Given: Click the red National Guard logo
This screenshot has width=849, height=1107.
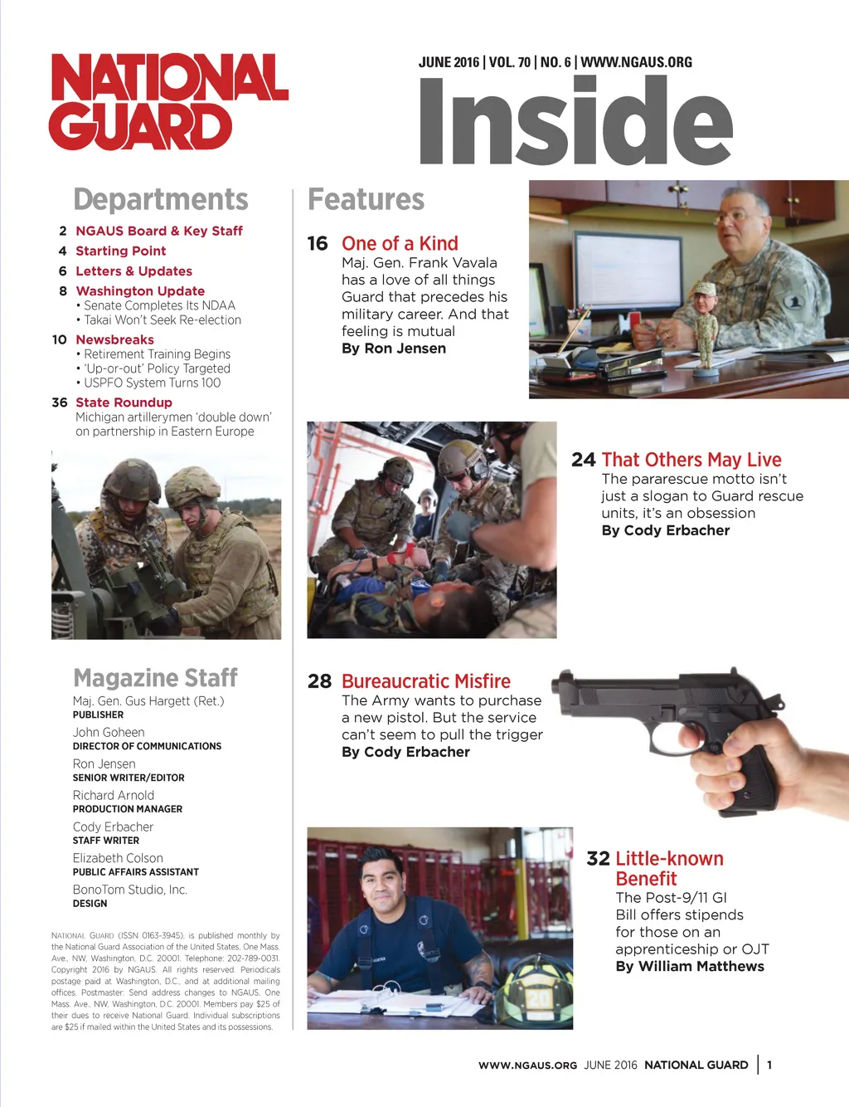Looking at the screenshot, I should pos(168,101).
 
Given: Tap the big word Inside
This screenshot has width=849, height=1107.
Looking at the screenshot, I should pos(575,121).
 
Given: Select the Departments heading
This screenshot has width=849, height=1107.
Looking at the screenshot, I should pos(161,200).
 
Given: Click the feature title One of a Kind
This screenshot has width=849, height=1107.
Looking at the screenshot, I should pos(400,243).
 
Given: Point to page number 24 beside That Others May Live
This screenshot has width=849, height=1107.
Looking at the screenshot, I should pos(583,460).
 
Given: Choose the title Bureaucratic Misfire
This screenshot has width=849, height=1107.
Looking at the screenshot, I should pos(425,681).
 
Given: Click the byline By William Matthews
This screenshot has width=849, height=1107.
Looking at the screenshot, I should pos(690,966).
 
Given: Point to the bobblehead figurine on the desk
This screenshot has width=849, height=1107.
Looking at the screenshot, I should pos(706,329).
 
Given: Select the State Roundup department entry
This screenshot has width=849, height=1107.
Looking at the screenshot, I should pos(124,402).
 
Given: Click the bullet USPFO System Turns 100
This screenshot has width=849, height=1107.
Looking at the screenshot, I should pos(152,383).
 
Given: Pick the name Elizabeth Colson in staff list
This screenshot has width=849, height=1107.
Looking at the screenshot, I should pos(118,858).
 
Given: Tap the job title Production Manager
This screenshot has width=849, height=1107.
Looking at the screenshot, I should pos(128,809).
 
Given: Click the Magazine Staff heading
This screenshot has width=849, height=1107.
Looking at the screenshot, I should pos(155,678).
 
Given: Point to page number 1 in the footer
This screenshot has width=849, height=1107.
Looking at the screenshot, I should pos(769,1065).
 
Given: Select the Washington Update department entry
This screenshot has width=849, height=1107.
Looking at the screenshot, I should pos(140,291).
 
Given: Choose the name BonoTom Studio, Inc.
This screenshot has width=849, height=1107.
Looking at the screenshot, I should pos(130,890).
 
